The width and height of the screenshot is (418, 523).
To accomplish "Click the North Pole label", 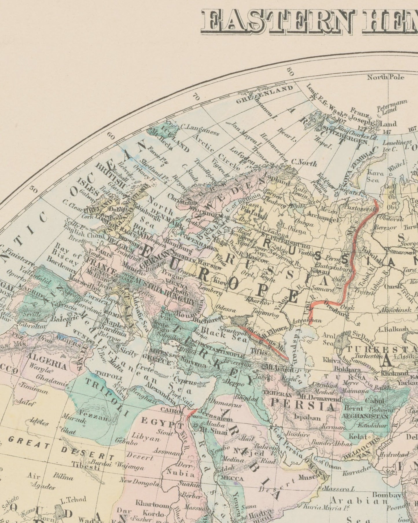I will [x=386, y=77].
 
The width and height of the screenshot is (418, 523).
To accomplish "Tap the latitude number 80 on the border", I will [x=290, y=72].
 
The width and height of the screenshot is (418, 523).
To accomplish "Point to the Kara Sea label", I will [x=375, y=176].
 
